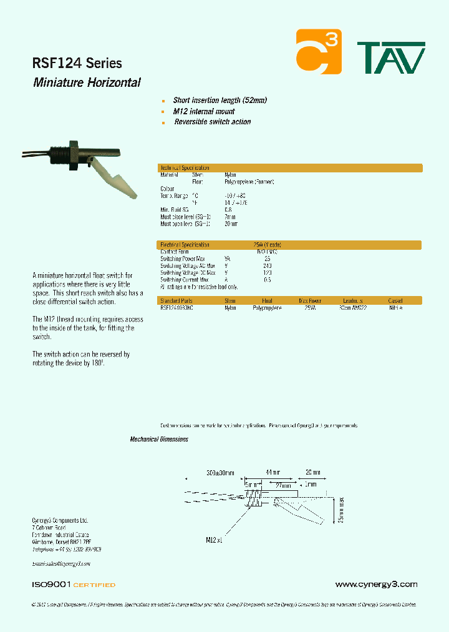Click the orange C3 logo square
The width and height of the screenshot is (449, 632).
pos(318,51)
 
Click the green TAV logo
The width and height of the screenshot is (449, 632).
pos(390,58)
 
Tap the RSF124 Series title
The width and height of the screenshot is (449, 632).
pos(77,63)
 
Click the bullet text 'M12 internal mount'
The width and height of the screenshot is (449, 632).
pos(204,111)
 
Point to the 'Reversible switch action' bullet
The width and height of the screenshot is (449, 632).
pos(212,122)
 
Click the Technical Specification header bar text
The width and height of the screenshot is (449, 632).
pos(185,168)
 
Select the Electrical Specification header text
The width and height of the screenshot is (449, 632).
pos(185,245)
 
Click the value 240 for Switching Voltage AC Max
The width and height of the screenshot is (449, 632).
pos(268,265)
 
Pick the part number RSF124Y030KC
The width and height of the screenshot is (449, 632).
pos(176,308)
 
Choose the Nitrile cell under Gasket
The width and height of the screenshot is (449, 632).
pos(395,308)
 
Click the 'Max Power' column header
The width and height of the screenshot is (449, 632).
pos(309,300)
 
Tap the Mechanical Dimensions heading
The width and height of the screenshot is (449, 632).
pos(158,440)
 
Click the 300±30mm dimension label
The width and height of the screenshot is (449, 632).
pos(220,473)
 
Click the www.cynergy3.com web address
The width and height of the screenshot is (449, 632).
pos(375,585)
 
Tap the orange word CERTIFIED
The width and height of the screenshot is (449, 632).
pos(94,585)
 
